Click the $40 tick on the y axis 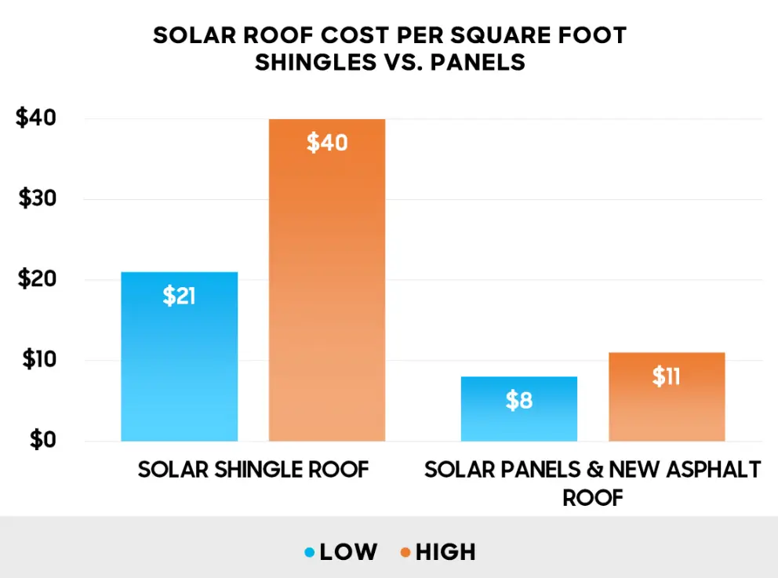[x=36, y=118]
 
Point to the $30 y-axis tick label [x=36, y=199]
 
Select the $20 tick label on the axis [x=36, y=280]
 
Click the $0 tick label [x=42, y=440]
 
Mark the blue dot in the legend [x=309, y=553]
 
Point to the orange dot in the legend [x=405, y=553]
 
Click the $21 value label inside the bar [x=179, y=296]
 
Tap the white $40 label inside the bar [x=326, y=144]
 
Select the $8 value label [x=518, y=401]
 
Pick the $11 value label [x=666, y=377]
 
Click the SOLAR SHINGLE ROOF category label [x=253, y=470]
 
